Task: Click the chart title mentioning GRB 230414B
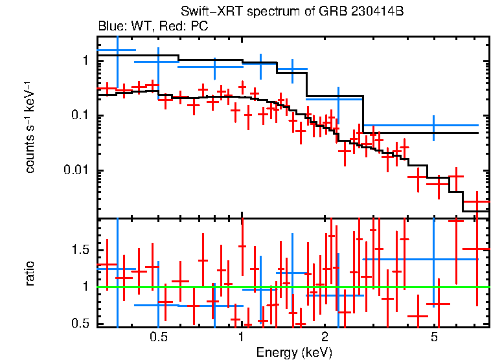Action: click(x=292, y=11)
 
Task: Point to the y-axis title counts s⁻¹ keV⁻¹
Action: click(x=30, y=128)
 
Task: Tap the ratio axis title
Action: click(x=30, y=274)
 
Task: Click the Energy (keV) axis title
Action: click(x=294, y=352)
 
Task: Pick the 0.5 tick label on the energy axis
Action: click(x=159, y=337)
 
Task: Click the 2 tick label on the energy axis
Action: click(x=325, y=337)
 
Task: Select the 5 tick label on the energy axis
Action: click(x=434, y=337)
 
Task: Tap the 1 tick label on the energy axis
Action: click(x=241, y=337)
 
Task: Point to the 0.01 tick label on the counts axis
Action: click(x=76, y=170)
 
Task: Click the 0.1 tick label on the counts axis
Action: click(x=80, y=115)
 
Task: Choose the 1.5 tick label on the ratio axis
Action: click(x=80, y=250)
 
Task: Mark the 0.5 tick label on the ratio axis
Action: click(x=80, y=323)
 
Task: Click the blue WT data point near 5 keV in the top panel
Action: click(x=434, y=125)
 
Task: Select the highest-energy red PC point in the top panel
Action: click(x=477, y=202)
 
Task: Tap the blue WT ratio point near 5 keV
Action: click(x=434, y=259)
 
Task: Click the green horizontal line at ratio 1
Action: click(x=293, y=287)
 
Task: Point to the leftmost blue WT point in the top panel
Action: click(x=117, y=50)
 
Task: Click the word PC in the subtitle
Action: click(x=200, y=26)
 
